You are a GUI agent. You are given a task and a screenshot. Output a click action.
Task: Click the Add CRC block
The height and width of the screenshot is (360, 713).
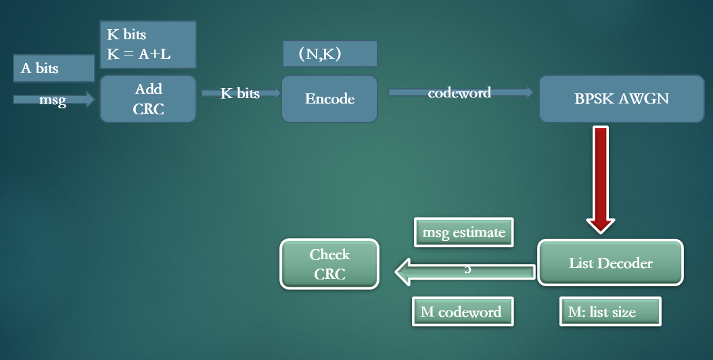pyautogui.click(x=148, y=99)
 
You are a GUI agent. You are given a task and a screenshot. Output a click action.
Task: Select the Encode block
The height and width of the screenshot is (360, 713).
pyautogui.click(x=329, y=99)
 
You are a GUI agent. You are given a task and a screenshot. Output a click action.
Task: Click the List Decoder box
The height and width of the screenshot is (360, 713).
pyautogui.click(x=610, y=263)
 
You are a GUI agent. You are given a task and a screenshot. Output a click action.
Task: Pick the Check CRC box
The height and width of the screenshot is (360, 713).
pyautogui.click(x=329, y=264)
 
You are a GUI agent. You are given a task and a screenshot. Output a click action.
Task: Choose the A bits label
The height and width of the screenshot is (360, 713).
pyautogui.click(x=40, y=68)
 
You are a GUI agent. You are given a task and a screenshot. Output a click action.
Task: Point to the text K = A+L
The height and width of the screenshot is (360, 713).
pyautogui.click(x=139, y=54)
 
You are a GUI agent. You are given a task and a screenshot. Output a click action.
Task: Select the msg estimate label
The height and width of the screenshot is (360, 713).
pyautogui.click(x=463, y=233)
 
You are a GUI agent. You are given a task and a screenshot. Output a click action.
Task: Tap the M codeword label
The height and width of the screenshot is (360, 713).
pyautogui.click(x=461, y=312)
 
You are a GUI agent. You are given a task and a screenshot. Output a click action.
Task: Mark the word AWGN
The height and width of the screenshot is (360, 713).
pyautogui.click(x=644, y=99)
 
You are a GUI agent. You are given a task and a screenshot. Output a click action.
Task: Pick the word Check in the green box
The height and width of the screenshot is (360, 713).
pyautogui.click(x=329, y=254)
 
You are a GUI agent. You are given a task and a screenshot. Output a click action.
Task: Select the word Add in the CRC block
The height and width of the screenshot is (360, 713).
pyautogui.click(x=148, y=89)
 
